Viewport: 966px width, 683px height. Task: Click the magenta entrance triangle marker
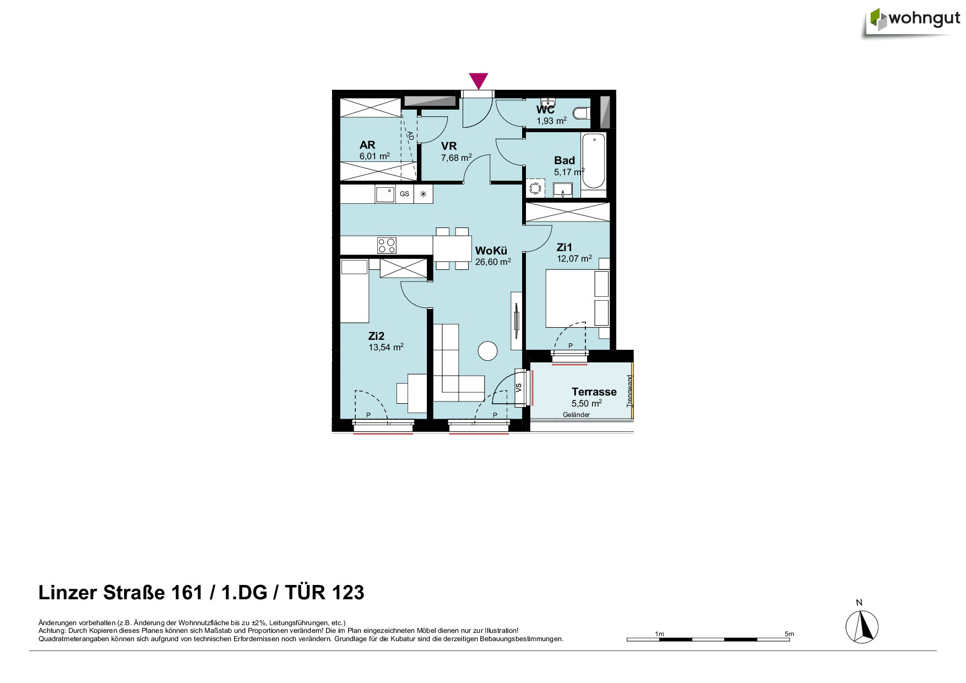[479, 80]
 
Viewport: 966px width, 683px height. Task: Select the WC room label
[545, 110]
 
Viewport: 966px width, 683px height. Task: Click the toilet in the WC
[581, 113]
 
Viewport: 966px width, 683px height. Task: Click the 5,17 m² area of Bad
[569, 172]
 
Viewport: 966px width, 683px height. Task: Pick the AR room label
[367, 145]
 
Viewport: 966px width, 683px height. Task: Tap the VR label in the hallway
[449, 146]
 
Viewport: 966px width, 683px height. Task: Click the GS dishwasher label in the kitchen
[405, 194]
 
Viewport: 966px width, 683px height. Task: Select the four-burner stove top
[387, 245]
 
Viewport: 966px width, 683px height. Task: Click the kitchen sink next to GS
[385, 194]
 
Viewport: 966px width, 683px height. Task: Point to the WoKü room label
[491, 251]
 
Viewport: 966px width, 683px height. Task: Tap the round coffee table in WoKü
[487, 351]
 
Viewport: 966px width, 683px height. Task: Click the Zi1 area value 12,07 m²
[574, 258]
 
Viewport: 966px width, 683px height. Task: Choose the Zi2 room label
[376, 336]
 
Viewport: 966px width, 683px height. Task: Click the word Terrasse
[594, 392]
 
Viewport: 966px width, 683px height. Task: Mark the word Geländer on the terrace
[576, 415]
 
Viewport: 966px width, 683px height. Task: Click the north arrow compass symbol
[862, 627]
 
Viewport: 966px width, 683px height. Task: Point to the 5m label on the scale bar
[789, 634]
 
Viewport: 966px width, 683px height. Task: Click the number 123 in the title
[348, 593]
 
